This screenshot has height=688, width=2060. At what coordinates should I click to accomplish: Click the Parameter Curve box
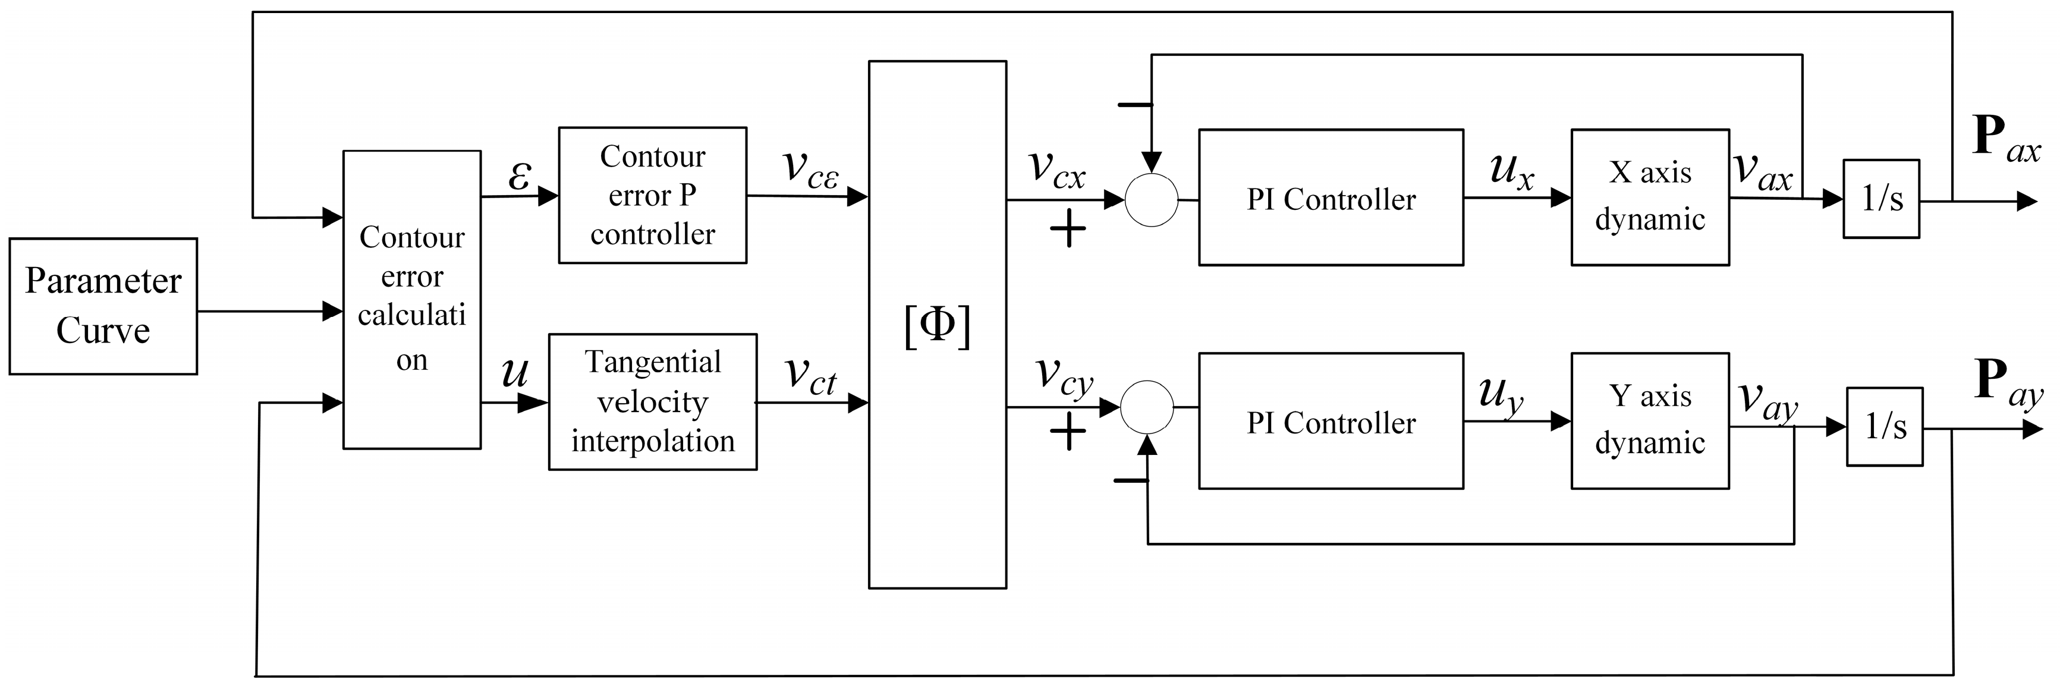(103, 306)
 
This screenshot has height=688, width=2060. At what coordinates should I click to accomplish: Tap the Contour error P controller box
(653, 195)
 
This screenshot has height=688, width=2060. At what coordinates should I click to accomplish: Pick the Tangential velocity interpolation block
(653, 401)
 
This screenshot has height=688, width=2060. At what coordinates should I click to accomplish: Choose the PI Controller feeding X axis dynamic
(1331, 197)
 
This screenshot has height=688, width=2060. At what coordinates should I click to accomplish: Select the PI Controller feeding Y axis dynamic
(1331, 421)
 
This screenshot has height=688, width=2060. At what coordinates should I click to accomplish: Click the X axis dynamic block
(1650, 197)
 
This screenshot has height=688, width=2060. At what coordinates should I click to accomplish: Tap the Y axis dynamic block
(1650, 421)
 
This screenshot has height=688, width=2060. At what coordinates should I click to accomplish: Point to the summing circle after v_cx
(1152, 199)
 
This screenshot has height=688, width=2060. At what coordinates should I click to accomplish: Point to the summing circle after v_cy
(1147, 407)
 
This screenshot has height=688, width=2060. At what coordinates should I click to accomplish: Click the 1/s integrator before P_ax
(1882, 199)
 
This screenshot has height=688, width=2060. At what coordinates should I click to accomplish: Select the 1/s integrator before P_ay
(1885, 427)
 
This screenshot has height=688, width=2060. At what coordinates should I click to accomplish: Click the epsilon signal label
(519, 175)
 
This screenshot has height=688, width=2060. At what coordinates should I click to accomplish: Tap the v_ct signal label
(811, 375)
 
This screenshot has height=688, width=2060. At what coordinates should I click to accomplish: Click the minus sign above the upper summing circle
(1135, 105)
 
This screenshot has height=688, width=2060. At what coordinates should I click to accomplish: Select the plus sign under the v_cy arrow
(1068, 433)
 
